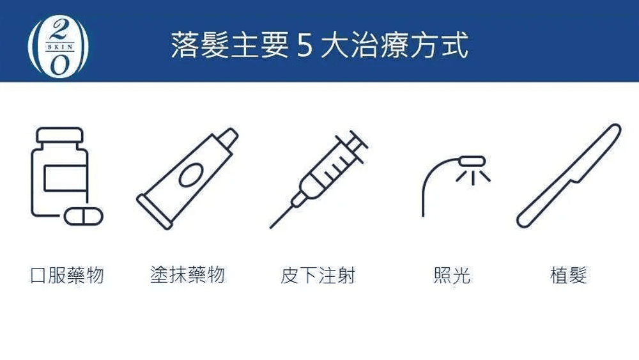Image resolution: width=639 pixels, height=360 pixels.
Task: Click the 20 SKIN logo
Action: (58, 45)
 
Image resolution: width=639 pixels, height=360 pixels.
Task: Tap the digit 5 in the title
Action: (305, 45)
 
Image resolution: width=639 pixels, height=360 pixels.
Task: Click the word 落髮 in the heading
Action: (200, 45)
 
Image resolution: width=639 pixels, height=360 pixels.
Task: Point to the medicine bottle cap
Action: (59, 136)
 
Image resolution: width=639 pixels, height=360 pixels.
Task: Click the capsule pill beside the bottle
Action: (84, 217)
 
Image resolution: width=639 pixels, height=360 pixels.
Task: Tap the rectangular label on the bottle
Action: (65, 178)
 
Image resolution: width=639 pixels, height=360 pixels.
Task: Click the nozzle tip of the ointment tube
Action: (228, 137)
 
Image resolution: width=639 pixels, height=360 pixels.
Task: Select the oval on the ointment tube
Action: (190, 175)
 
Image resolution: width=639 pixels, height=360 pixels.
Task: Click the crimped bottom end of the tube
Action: (154, 212)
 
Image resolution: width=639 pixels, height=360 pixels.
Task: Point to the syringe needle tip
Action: (270, 227)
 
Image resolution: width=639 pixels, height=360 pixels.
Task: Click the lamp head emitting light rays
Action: (472, 160)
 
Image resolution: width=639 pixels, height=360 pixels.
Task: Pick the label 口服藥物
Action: (67, 275)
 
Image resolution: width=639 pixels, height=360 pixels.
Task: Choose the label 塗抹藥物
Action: (187, 274)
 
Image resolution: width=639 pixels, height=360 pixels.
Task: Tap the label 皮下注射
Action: (318, 275)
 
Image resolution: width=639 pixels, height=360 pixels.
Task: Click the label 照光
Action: (452, 275)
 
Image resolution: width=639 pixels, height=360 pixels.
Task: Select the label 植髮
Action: (569, 275)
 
